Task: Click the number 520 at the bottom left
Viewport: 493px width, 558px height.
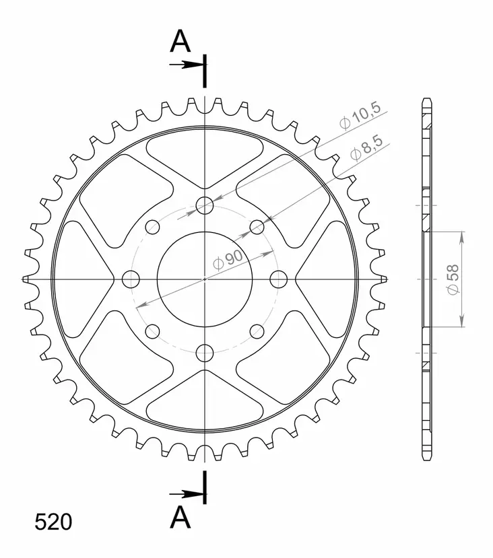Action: [52, 522]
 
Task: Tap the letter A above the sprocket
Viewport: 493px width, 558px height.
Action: [180, 42]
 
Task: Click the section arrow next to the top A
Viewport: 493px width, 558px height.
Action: [187, 65]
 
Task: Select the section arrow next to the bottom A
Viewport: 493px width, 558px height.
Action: [187, 495]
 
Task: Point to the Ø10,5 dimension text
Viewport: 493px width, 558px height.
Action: [360, 116]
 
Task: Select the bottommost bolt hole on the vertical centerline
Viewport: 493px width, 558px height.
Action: [205, 352]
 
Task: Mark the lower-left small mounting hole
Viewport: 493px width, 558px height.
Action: [153, 330]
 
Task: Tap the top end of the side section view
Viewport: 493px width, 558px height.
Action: [425, 101]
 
